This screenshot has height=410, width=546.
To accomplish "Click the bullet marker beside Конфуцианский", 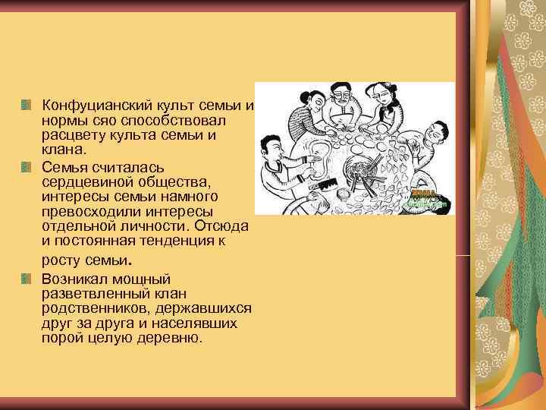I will coord(27,104).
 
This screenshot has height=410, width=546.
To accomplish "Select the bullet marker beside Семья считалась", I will coord(27,166).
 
